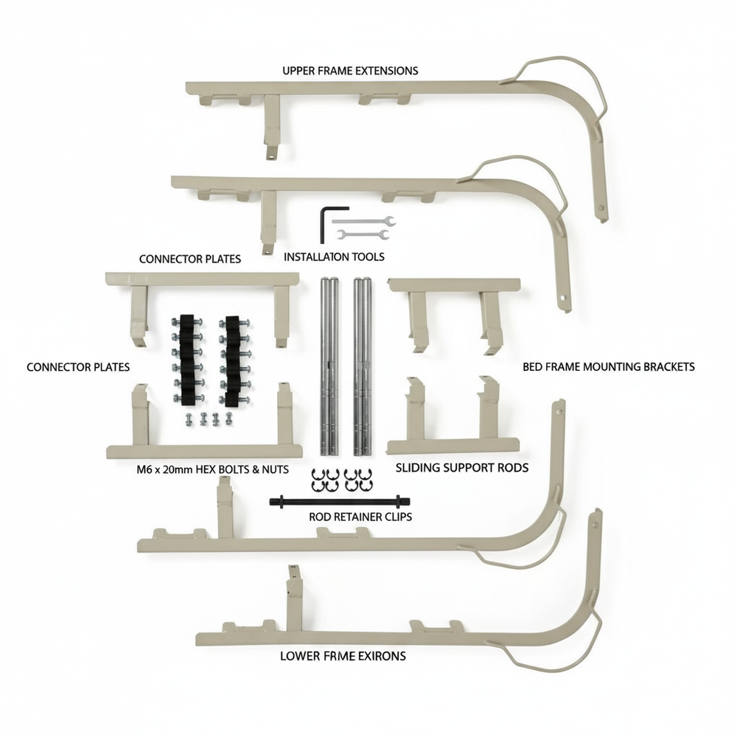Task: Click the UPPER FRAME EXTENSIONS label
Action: point(350,71)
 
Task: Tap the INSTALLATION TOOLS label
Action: point(334,257)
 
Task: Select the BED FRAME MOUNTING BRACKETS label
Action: point(608,366)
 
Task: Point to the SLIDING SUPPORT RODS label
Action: point(462,467)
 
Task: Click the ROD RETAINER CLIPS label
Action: point(360,517)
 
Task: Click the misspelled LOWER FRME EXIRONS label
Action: point(343,655)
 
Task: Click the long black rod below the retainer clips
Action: point(338,501)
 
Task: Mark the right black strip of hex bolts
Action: point(233,359)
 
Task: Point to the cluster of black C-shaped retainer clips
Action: point(341,480)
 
